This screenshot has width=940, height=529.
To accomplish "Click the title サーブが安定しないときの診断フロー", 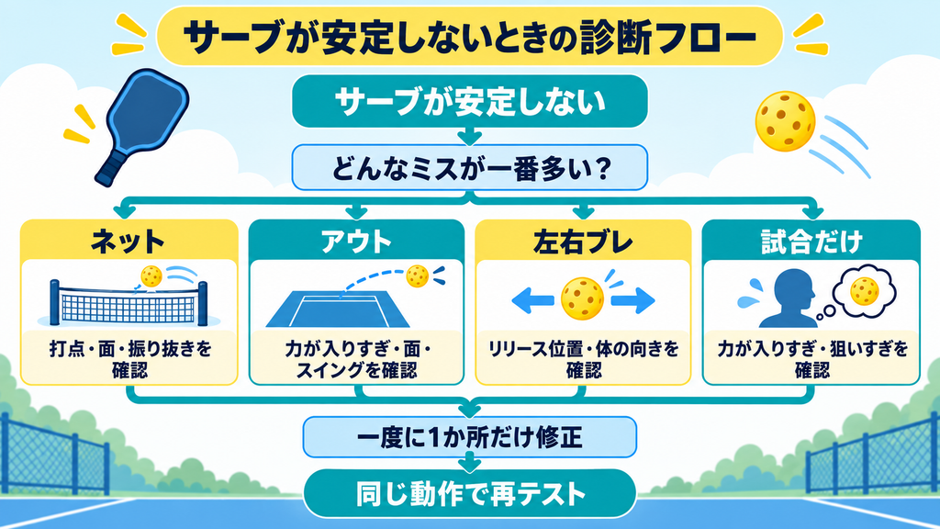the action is [x=469, y=37].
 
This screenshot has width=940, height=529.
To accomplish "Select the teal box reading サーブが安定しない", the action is [x=469, y=101].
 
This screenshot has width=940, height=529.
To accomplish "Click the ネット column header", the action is [x=129, y=242].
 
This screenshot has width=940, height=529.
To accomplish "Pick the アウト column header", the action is [x=356, y=242].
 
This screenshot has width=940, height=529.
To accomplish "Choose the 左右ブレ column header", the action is [x=583, y=242].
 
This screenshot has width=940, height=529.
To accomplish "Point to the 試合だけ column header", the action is [x=811, y=242].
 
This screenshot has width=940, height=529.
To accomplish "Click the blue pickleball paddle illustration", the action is [x=141, y=126].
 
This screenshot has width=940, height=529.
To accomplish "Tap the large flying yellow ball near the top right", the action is [x=785, y=121].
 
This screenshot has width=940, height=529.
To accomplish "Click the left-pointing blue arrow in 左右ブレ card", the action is [x=532, y=300].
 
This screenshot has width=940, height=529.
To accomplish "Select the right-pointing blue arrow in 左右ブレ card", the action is [x=633, y=300].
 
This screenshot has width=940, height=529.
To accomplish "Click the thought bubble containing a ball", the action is [x=864, y=291].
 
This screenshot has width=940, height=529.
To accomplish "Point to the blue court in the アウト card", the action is [x=338, y=310].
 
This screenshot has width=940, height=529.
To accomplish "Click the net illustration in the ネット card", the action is [x=129, y=303].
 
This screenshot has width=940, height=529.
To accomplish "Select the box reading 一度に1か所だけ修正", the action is [x=469, y=437].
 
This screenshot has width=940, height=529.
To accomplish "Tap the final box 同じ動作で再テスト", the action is [x=469, y=494].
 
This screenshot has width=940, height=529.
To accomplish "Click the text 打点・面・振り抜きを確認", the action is [x=130, y=359].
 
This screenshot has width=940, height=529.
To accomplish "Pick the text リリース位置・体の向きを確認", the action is [x=583, y=359].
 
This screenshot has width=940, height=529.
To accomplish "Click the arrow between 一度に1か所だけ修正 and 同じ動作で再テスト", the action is [x=469, y=463].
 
